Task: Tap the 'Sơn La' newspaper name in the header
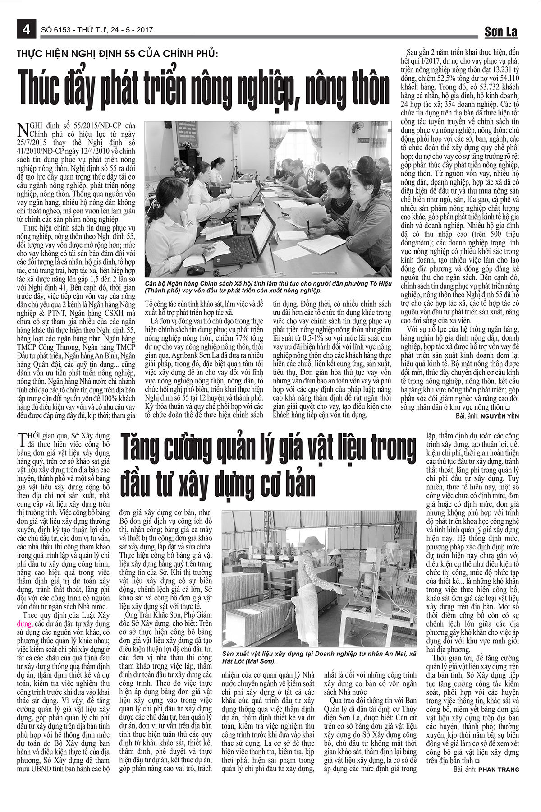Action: pyautogui.click(x=501, y=31)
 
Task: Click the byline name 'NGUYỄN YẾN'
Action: pyautogui.click(x=500, y=416)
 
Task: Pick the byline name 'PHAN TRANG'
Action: pyautogui.click(x=499, y=770)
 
